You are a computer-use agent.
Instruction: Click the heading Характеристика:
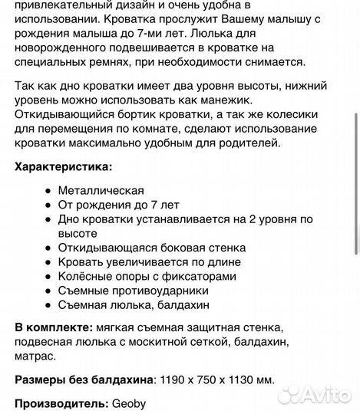tap(63, 166)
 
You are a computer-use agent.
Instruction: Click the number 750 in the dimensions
tap(211, 379)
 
